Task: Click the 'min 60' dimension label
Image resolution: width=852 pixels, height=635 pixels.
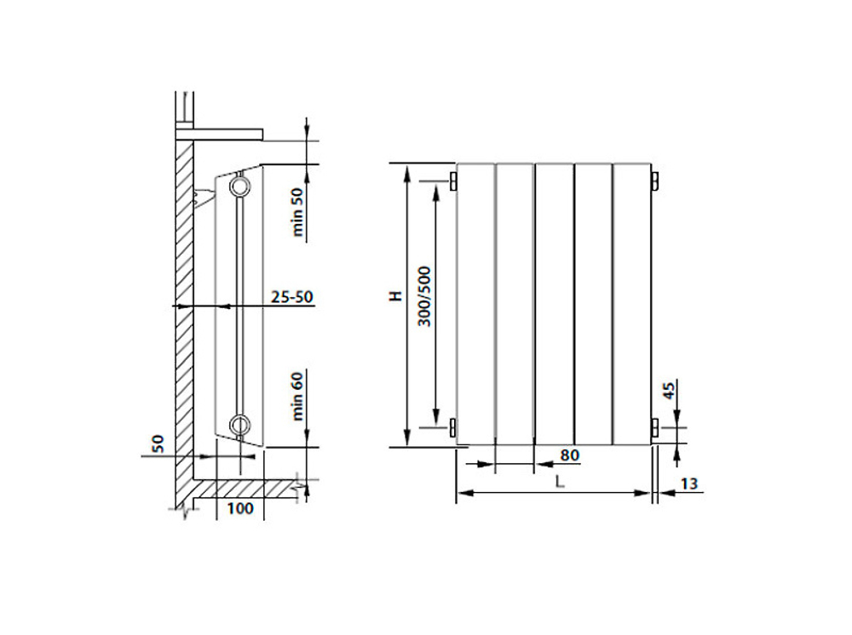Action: pos(297,396)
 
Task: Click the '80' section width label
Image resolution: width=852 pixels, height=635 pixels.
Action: pos(570,455)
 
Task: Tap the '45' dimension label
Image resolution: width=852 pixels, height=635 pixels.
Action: pos(669,391)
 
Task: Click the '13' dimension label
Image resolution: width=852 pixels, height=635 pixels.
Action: pos(690,483)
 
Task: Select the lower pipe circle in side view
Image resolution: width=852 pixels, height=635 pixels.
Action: pos(241,423)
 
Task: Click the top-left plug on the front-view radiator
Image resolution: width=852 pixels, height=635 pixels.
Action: pos(453,181)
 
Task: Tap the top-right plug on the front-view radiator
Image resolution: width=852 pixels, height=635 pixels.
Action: pos(653,181)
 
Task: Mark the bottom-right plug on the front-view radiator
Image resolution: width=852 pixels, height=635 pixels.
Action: pos(653,426)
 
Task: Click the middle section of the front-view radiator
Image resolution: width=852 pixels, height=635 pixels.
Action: pos(554,302)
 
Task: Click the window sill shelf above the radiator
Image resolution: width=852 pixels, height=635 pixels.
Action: pos(220,132)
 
